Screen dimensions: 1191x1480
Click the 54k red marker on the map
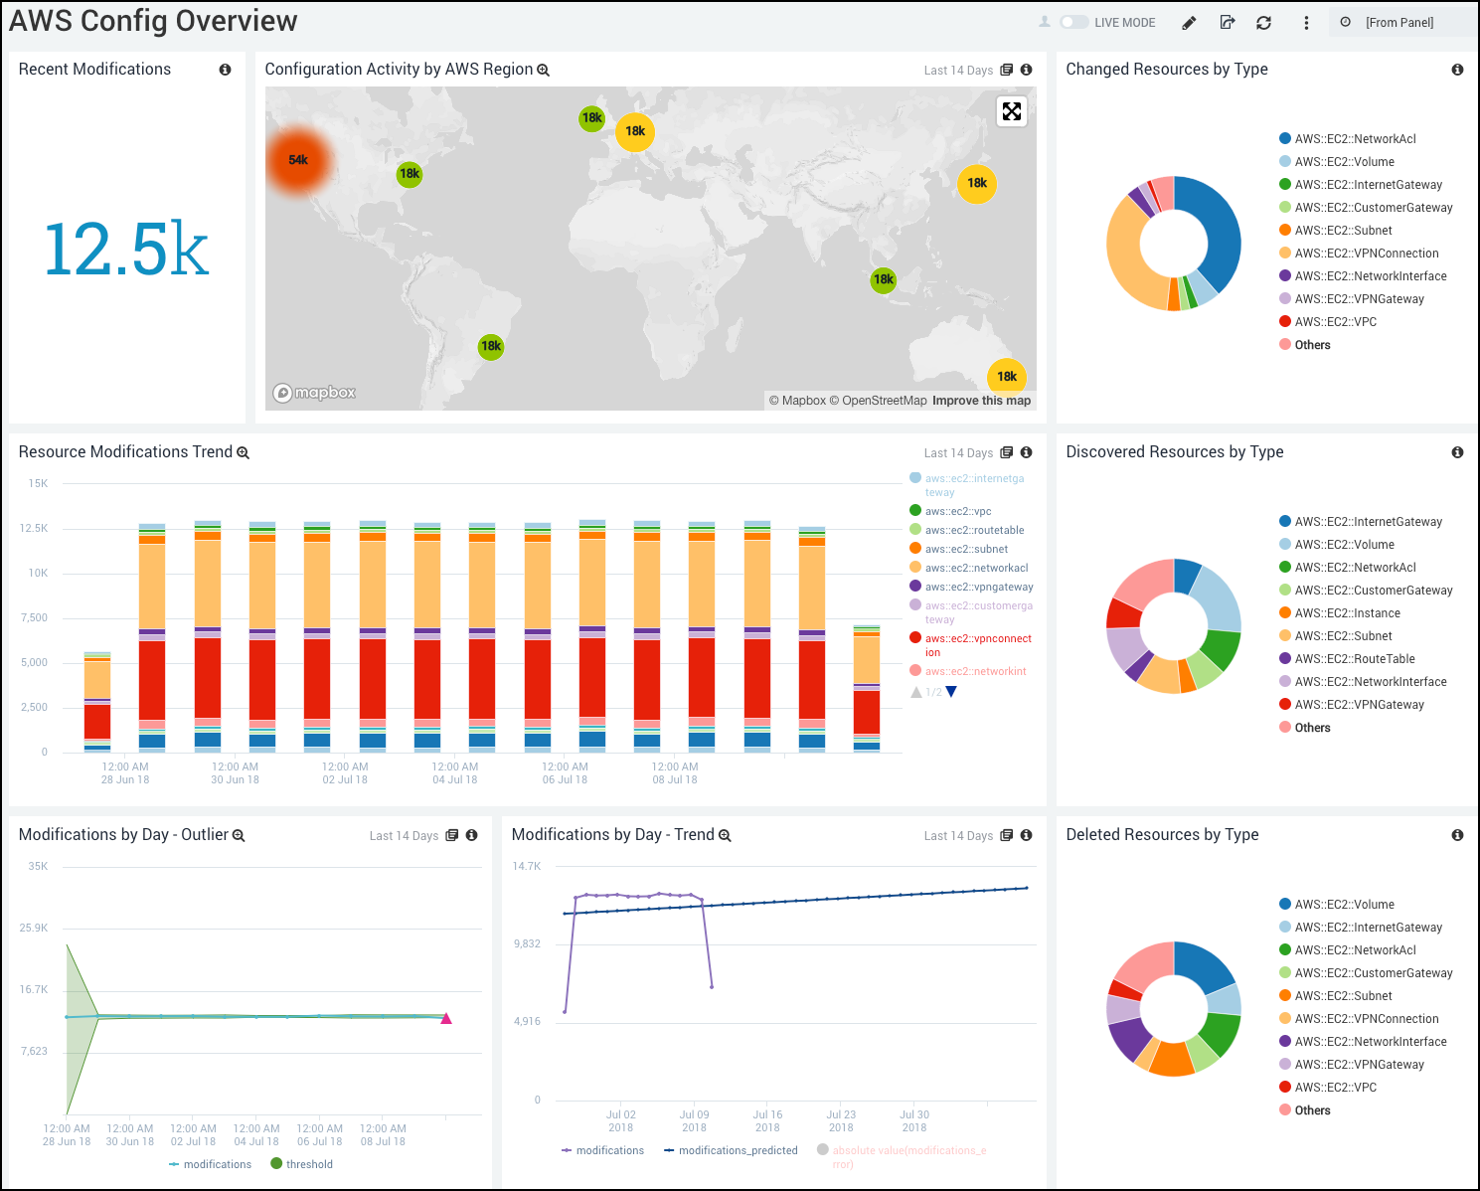coord(298,160)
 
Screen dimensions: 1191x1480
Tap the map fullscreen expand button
coord(1011,111)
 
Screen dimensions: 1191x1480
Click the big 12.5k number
coord(126,249)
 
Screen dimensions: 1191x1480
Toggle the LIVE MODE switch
coord(1073,22)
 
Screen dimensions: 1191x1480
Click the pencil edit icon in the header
coord(1189,23)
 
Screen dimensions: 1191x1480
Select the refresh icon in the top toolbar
coord(1263,23)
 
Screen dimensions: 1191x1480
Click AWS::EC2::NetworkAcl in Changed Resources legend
coord(1355,139)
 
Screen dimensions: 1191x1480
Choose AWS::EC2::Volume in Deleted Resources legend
coord(1344,905)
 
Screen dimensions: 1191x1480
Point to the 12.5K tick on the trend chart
coord(34,528)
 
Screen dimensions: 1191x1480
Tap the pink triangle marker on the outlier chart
coord(446,1018)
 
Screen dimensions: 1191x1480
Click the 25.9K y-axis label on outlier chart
coord(34,928)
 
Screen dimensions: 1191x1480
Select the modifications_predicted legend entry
coord(738,1150)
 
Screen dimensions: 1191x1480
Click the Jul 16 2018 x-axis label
coord(767,1120)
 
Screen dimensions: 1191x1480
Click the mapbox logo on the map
coord(315,393)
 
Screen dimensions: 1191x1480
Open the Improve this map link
coord(981,401)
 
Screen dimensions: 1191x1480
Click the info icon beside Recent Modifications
coord(225,70)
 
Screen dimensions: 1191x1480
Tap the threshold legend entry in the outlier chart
coord(309,1164)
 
